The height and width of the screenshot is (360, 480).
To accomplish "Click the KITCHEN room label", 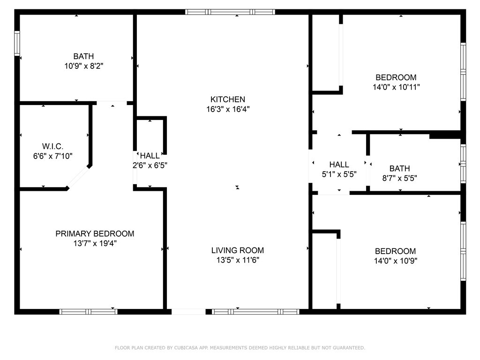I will pos(227,99).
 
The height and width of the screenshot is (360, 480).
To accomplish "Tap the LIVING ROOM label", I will pos(237,250).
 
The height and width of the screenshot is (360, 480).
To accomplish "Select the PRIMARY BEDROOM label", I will pos(95,233).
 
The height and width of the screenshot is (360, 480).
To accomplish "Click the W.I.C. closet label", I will pos(52,147).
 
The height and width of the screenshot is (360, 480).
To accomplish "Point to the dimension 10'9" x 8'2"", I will pos(83,67).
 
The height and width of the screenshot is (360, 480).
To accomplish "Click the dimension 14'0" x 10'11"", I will pos(396,87).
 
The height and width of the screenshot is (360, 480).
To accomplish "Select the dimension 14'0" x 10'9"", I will pos(396,261).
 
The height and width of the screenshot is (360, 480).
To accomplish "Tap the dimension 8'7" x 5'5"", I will pos(399,178).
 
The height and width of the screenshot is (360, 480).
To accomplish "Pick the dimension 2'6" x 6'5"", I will pos(150,165).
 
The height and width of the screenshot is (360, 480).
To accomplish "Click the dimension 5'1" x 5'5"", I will pos(339,174).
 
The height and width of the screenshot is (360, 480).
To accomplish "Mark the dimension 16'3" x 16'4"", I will pos(227,109).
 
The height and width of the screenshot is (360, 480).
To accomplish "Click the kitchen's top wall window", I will pos(230,12).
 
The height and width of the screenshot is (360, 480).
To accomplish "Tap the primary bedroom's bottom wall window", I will pos(88,311).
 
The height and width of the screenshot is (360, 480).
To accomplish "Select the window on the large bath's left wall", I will pos(17,44).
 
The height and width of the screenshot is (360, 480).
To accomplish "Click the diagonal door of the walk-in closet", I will pos(79,177).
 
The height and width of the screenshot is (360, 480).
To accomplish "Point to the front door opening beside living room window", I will pos(188,311).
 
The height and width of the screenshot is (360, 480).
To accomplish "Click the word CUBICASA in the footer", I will pos(189,348).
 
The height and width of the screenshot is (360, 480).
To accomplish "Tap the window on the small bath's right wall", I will pos(463,163).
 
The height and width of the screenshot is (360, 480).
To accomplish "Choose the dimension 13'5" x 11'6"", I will pos(237,260).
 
